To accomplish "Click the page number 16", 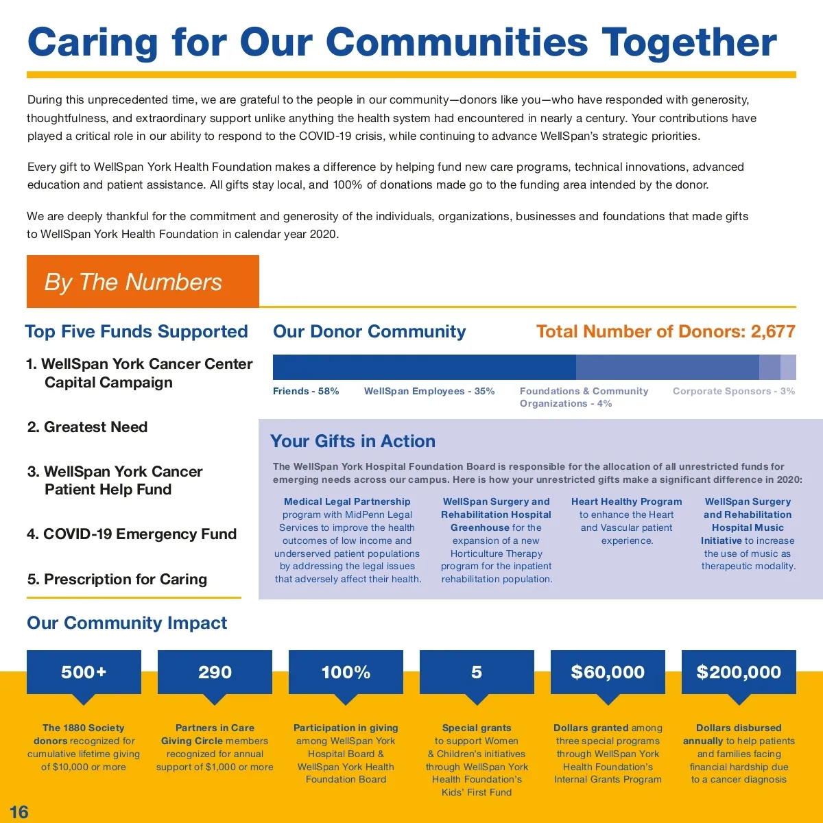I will [19, 812].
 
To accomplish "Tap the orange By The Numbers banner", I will [143, 282].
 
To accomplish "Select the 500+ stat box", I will [84, 672].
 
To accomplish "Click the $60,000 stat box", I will [608, 672].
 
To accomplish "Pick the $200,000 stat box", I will [739, 672].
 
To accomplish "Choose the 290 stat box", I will [215, 672].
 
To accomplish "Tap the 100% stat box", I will [346, 672].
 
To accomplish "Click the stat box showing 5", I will [477, 672].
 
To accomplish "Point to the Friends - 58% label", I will [306, 391].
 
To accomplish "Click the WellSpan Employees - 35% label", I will [429, 391].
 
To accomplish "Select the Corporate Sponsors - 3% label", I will [734, 391].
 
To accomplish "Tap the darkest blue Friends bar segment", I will [424, 367].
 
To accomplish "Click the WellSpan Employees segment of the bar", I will [667, 367].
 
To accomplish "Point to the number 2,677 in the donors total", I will [773, 332].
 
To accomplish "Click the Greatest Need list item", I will [88, 427].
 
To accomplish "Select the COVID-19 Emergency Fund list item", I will [132, 534].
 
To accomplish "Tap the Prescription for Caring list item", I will [117, 580].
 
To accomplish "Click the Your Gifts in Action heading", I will [353, 441].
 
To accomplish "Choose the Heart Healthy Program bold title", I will [626, 501].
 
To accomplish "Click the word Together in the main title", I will [689, 43].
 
